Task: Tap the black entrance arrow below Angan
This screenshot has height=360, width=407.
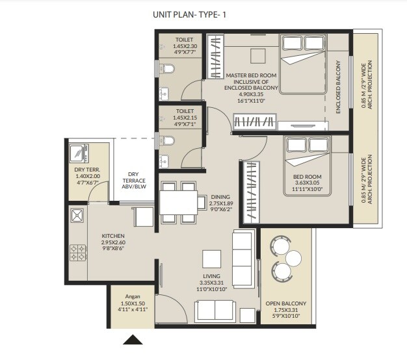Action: click(x=133, y=339)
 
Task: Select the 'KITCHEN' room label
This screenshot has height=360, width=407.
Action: click(x=113, y=235)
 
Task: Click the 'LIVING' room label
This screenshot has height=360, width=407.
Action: click(x=212, y=276)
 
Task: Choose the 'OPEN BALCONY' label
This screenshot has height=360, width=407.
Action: click(x=285, y=303)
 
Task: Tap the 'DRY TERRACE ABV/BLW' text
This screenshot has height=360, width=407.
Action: click(x=133, y=178)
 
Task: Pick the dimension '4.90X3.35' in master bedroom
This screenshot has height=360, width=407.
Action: click(x=250, y=95)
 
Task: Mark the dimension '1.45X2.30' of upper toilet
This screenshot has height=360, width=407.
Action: click(x=184, y=46)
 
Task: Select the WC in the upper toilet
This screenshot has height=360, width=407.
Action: click(x=168, y=69)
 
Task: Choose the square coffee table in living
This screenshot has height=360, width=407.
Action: click(x=211, y=258)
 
